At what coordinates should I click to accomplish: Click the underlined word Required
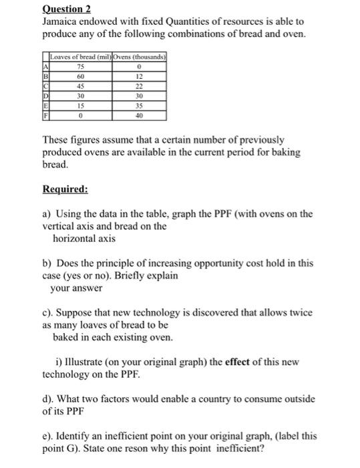[x=65, y=189]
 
